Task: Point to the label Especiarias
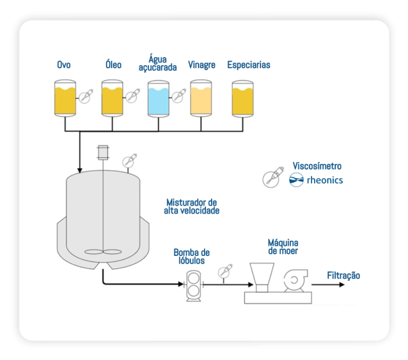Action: pos(248,65)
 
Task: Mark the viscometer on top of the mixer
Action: pos(128,162)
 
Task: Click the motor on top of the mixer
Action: pos(103,152)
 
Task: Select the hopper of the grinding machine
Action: pos(261,276)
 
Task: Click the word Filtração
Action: pos(343,276)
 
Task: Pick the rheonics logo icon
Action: pos(297,180)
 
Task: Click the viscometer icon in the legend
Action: pos(271,178)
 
